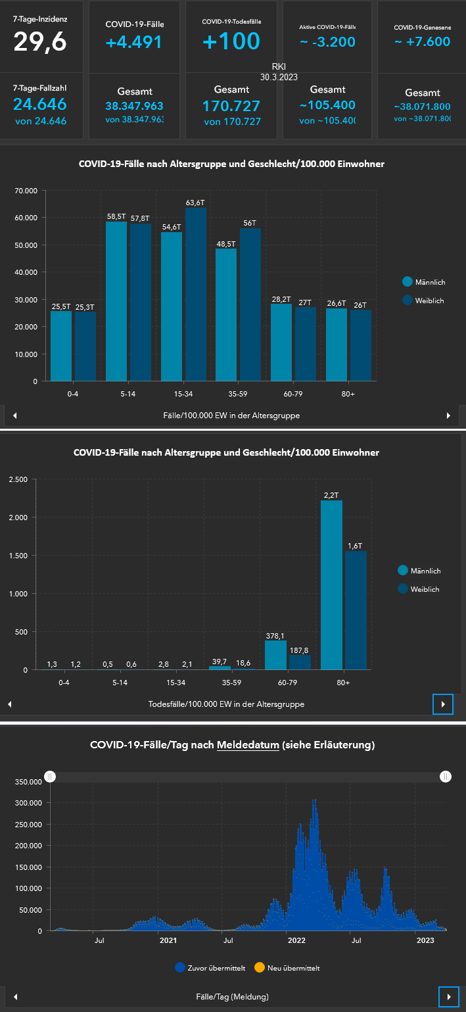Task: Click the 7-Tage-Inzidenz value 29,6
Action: point(40,41)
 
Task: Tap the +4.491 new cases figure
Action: point(134,42)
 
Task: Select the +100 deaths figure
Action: point(231,41)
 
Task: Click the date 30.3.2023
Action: point(279,77)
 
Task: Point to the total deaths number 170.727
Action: point(231,106)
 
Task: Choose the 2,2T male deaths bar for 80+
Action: point(331,585)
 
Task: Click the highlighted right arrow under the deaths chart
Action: point(443,704)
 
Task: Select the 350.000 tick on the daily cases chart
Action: point(28,781)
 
